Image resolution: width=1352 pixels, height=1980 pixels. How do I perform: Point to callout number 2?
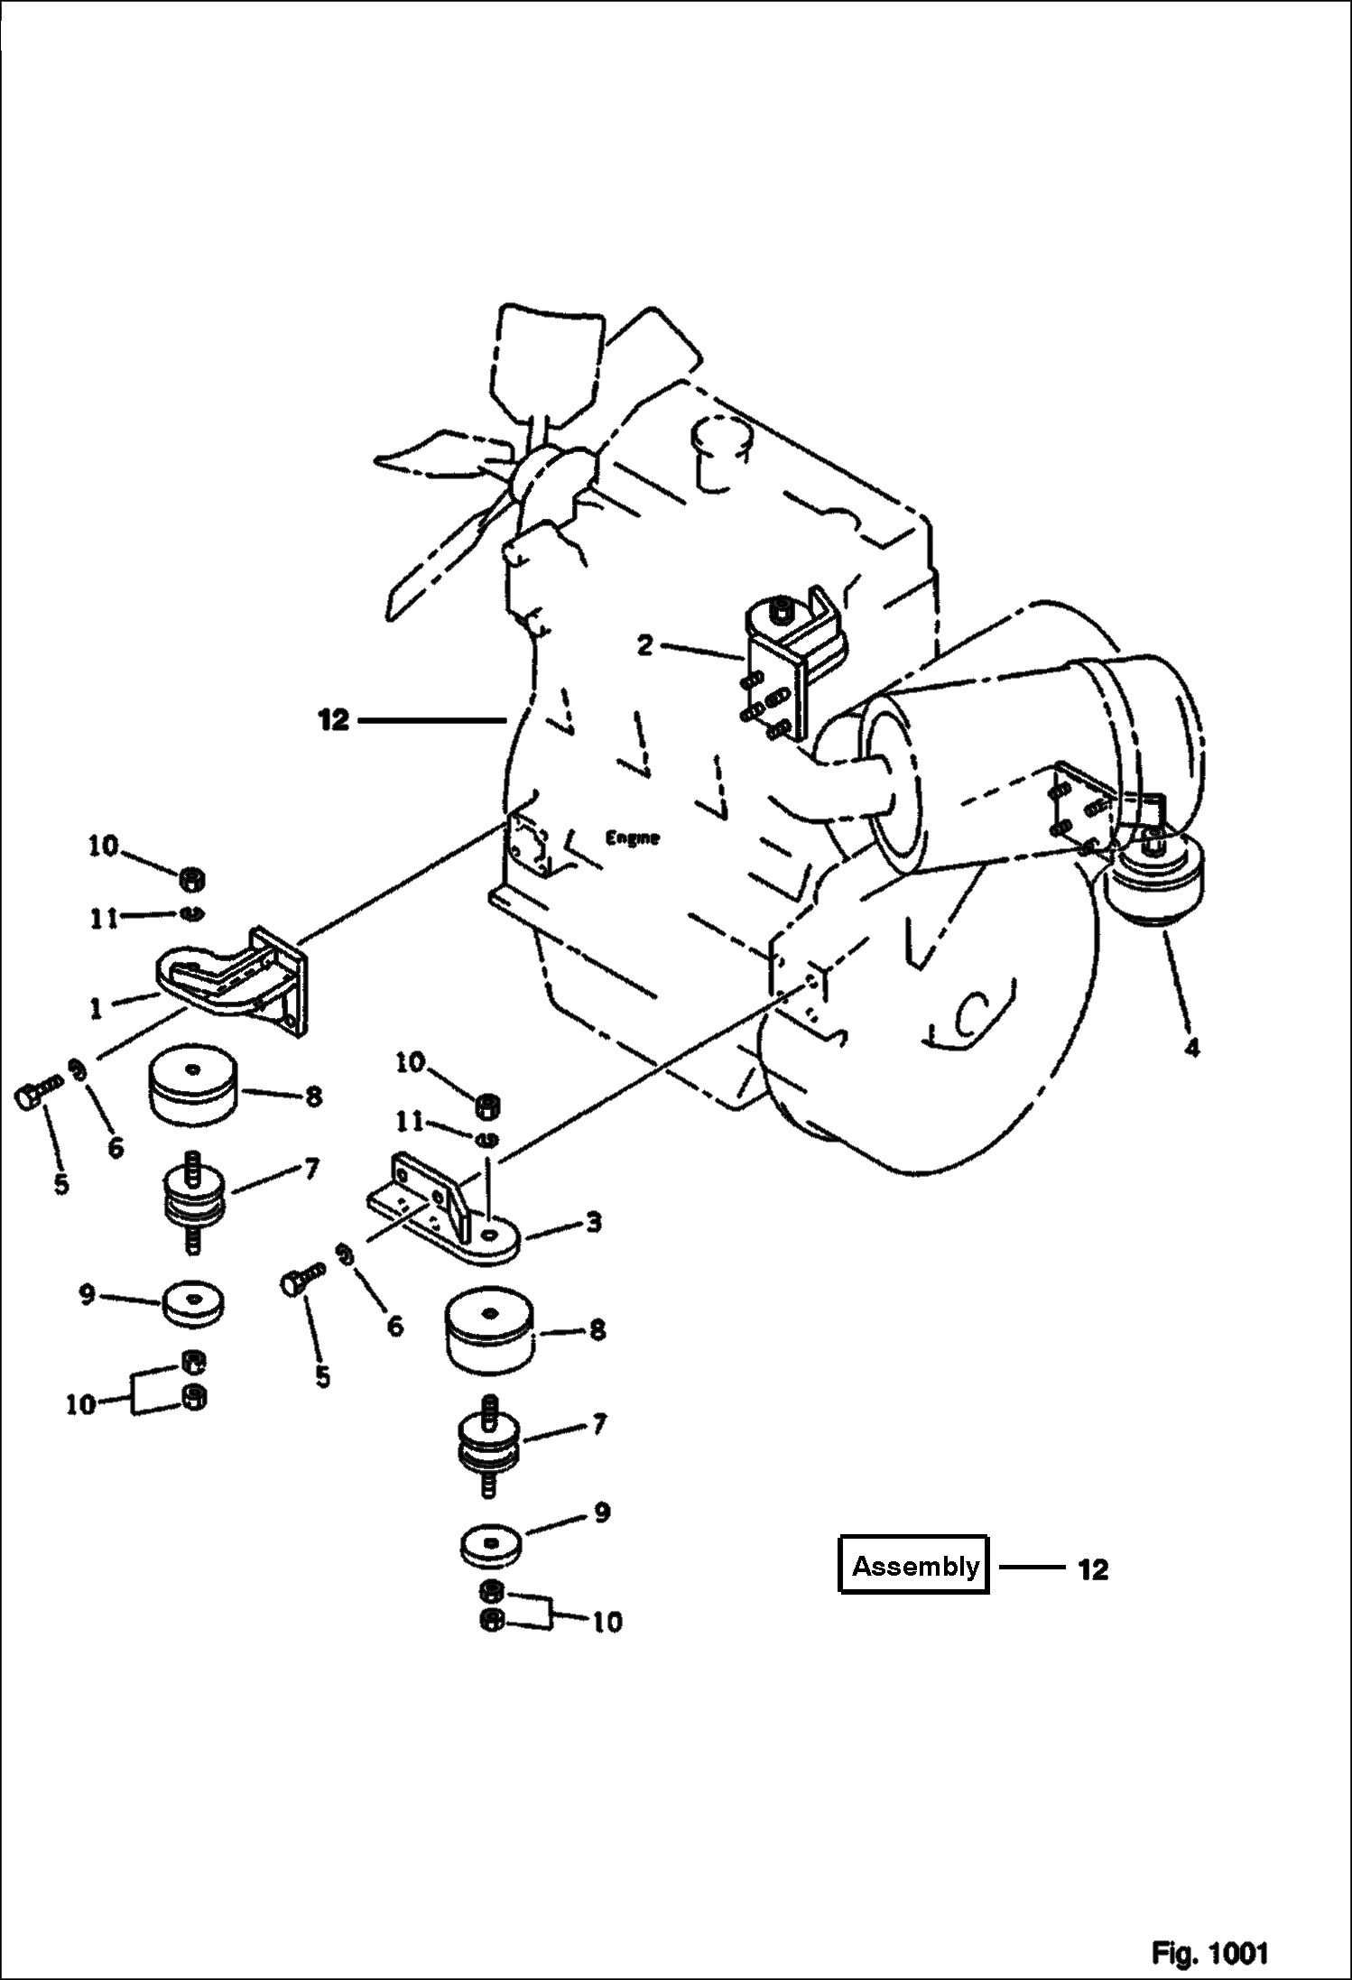644,646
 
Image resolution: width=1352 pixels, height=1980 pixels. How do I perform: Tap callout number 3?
592,1224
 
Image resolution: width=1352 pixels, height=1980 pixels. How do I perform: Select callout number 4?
1192,1049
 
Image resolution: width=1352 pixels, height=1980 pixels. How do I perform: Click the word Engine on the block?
632,837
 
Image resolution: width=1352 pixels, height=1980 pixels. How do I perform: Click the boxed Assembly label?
914,1566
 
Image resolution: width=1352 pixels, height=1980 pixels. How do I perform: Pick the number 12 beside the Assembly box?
1092,1569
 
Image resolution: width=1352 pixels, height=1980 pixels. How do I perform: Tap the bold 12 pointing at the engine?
333,720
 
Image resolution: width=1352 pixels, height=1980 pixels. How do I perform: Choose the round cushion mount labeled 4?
1154,881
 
